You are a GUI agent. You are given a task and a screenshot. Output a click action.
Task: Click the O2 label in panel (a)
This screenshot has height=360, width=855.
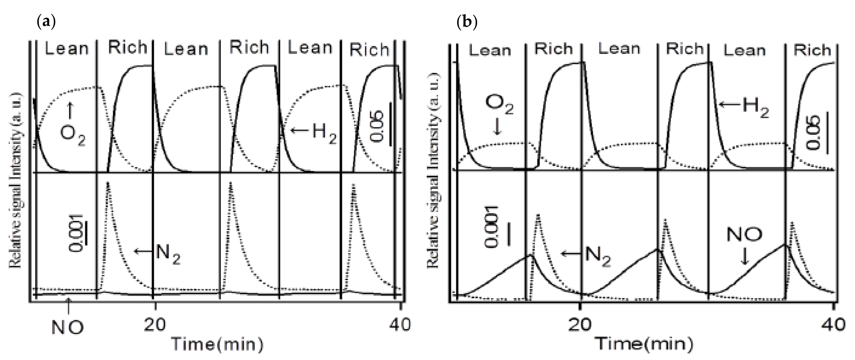coord(72,135)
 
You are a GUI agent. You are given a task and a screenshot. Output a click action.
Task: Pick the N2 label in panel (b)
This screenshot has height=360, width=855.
coord(598,256)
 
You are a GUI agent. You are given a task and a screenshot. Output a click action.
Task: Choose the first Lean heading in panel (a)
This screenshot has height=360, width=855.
coord(67,49)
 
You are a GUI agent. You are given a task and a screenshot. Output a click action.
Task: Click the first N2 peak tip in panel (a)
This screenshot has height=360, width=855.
coord(107,183)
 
